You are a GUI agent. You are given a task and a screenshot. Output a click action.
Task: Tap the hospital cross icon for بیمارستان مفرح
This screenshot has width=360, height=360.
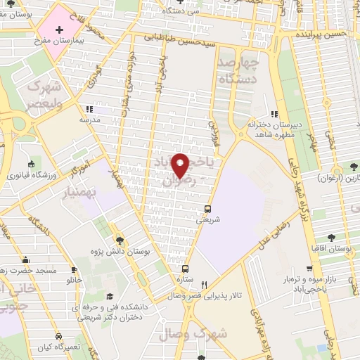pos(59,30)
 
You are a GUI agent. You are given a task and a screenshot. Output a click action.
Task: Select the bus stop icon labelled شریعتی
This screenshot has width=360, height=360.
pos(207,208)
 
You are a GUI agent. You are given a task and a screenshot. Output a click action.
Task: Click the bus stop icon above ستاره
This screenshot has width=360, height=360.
pos(186,269)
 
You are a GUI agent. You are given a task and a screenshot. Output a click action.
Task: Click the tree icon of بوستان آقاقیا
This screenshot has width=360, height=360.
pos(330,238)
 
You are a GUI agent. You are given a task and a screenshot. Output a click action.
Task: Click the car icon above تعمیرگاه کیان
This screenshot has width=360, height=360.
pos(59,336)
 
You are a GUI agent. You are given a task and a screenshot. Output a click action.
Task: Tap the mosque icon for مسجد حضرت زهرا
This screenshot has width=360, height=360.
pos(26,259)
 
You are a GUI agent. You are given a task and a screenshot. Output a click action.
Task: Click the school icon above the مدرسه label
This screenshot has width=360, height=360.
pos(89,109)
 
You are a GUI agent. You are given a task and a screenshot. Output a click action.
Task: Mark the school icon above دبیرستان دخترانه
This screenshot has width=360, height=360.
pos(274,114)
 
